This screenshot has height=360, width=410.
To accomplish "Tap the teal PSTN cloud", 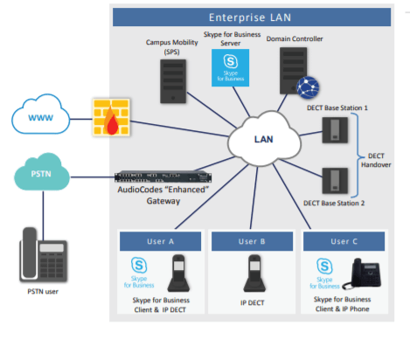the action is pos(42,172).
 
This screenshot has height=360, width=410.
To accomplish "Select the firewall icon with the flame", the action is pos(111,117).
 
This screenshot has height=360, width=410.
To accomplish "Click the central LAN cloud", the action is pos(264,139).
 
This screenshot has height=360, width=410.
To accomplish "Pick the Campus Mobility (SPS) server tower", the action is pos(173,81).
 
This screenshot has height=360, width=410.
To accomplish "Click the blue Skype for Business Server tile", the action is pos(230,67).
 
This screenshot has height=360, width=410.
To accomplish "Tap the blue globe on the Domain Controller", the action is pos(308,87).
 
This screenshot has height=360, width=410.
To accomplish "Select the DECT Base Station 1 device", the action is pos(335,130).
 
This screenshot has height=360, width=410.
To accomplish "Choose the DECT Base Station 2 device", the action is pos(335,181).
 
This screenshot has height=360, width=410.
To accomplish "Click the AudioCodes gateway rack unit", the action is pos(163,177).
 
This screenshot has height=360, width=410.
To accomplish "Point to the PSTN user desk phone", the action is pos(44,255).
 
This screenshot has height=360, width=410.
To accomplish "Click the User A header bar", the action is pos(160,241).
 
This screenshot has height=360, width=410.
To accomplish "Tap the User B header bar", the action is pos(252,241).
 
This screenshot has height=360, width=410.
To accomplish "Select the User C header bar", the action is pos(344,241).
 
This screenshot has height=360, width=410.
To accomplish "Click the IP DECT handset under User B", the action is pos(254,273).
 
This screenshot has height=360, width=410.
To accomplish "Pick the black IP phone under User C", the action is pos(362,273).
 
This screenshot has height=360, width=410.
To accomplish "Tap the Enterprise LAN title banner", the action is pos(252,17).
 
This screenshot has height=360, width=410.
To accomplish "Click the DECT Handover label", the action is pos(376,160).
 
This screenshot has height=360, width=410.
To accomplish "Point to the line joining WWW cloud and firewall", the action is pos(81,119).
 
